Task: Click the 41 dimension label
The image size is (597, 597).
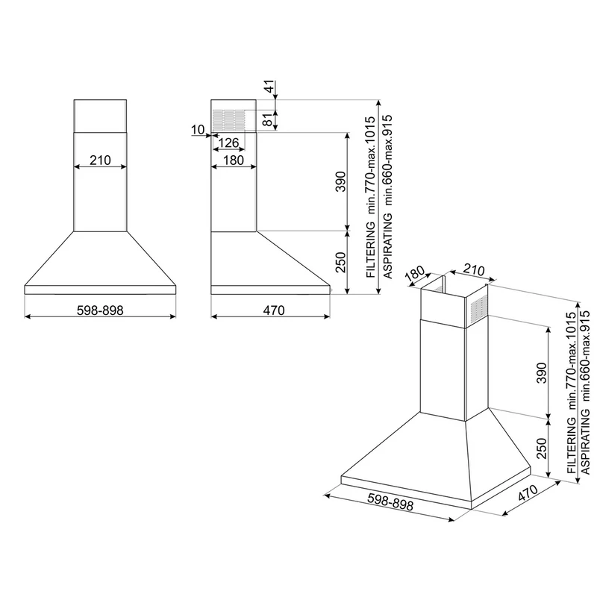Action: (269, 87)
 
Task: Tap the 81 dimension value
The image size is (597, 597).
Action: (269, 119)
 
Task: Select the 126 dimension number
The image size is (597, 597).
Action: (229, 143)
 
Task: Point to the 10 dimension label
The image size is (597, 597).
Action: (198, 130)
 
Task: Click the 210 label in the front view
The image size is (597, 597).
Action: (100, 160)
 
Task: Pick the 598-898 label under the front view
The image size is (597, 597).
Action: (100, 310)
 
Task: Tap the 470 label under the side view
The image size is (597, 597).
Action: (274, 310)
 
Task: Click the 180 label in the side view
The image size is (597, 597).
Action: (234, 160)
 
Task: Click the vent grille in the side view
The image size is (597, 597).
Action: (228, 120)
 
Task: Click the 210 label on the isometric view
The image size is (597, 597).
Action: (474, 270)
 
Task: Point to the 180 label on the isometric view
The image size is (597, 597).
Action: (415, 274)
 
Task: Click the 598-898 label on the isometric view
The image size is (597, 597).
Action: (390, 501)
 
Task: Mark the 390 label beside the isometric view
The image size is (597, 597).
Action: (542, 372)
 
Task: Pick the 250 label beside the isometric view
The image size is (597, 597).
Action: (542, 448)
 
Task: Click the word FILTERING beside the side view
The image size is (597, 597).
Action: (371, 250)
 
